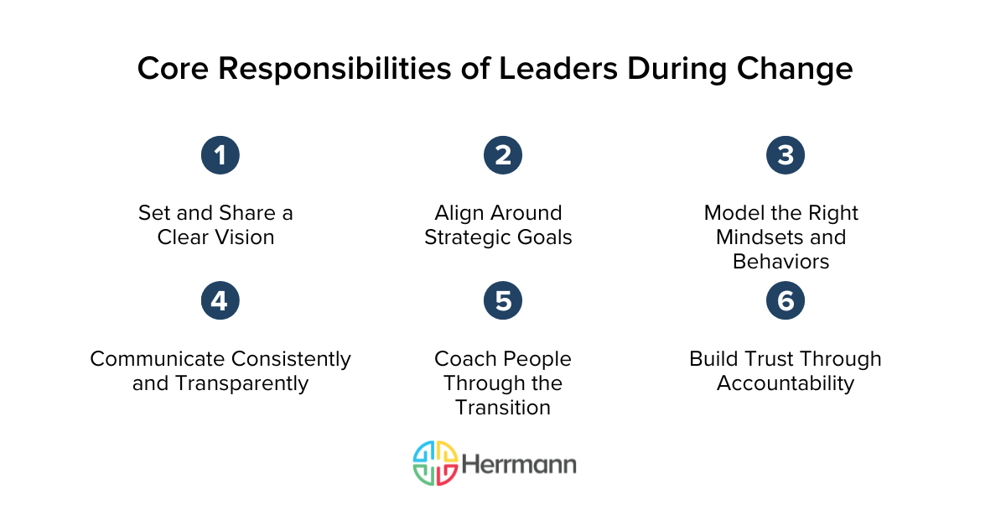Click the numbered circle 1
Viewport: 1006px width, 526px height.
point(220,155)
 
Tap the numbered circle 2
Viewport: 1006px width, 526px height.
point(503,155)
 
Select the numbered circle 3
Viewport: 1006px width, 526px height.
point(786,155)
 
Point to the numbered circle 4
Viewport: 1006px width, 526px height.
point(220,301)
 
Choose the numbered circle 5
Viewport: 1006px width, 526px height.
point(503,301)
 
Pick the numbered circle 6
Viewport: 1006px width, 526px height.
point(786,301)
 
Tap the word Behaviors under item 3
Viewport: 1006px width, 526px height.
point(780,262)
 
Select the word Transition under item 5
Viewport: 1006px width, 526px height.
point(503,408)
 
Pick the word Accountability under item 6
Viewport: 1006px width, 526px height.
point(786,383)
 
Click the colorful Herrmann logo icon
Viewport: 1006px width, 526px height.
point(435,463)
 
